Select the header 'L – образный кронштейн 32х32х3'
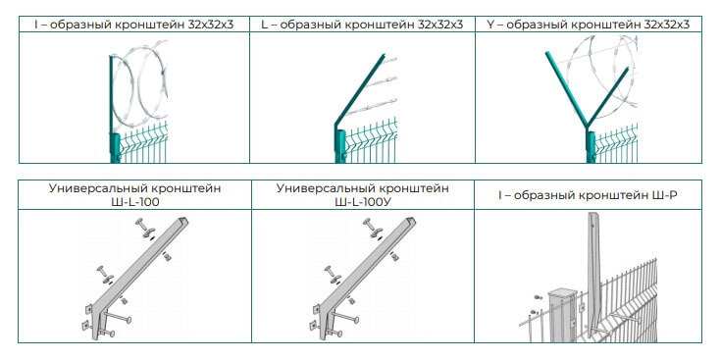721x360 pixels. [362, 24]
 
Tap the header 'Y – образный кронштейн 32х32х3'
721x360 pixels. [589, 24]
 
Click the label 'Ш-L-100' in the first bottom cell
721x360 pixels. [134, 202]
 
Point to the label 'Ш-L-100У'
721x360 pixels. [362, 202]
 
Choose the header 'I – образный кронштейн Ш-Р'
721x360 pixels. [589, 195]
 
